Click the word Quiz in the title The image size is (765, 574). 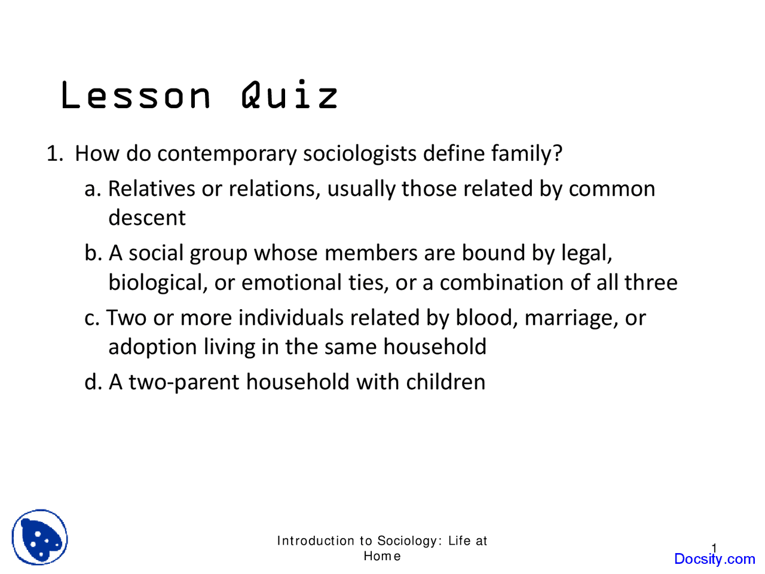pyautogui.click(x=290, y=95)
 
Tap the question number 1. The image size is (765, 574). pyautogui.click(x=54, y=154)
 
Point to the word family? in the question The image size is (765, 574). pyautogui.click(x=527, y=154)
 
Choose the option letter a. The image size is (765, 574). pyautogui.click(x=91, y=189)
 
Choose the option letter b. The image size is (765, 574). pyautogui.click(x=92, y=253)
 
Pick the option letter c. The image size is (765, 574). pyautogui.click(x=91, y=318)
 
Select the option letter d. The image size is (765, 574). pyautogui.click(x=93, y=381)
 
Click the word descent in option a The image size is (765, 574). pyautogui.click(x=147, y=218)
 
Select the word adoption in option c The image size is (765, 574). pyautogui.click(x=152, y=347)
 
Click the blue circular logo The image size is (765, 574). pyautogui.click(x=39, y=537)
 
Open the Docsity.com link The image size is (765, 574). pyautogui.click(x=714, y=559)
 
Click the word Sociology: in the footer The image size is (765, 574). pyautogui.click(x=409, y=541)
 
